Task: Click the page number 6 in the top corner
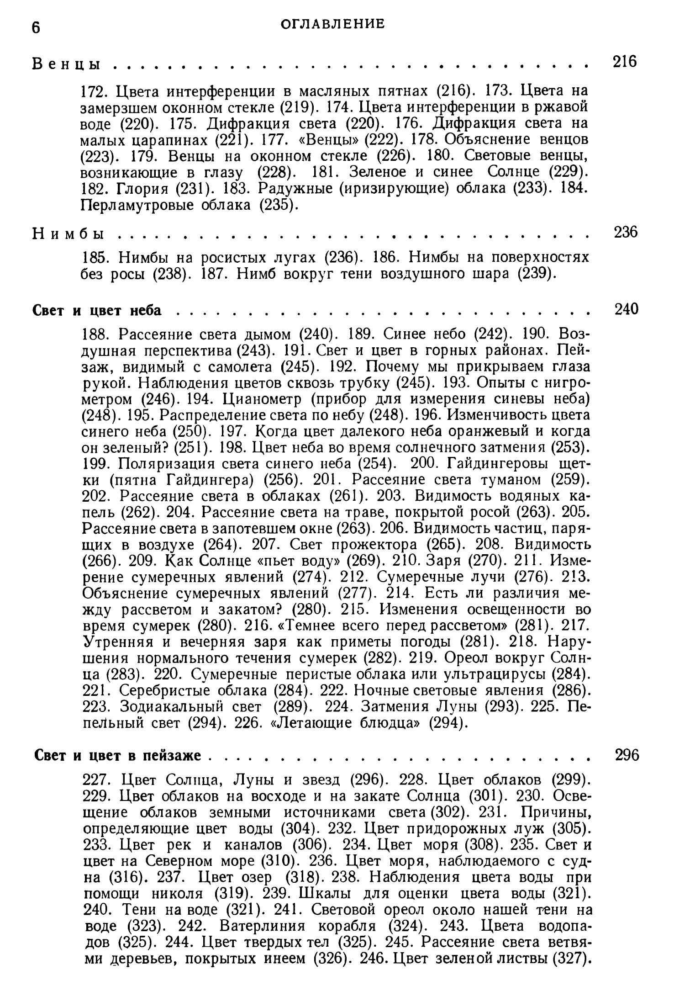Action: [x=36, y=28]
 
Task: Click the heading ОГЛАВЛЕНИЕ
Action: [x=332, y=24]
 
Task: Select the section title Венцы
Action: [x=67, y=64]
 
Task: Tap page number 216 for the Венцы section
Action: [x=624, y=61]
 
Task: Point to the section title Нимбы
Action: [x=68, y=234]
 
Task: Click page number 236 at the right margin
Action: [x=625, y=232]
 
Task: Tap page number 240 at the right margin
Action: [x=626, y=309]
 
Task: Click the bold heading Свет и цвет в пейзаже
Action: [x=118, y=756]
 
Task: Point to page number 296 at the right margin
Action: [x=627, y=755]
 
